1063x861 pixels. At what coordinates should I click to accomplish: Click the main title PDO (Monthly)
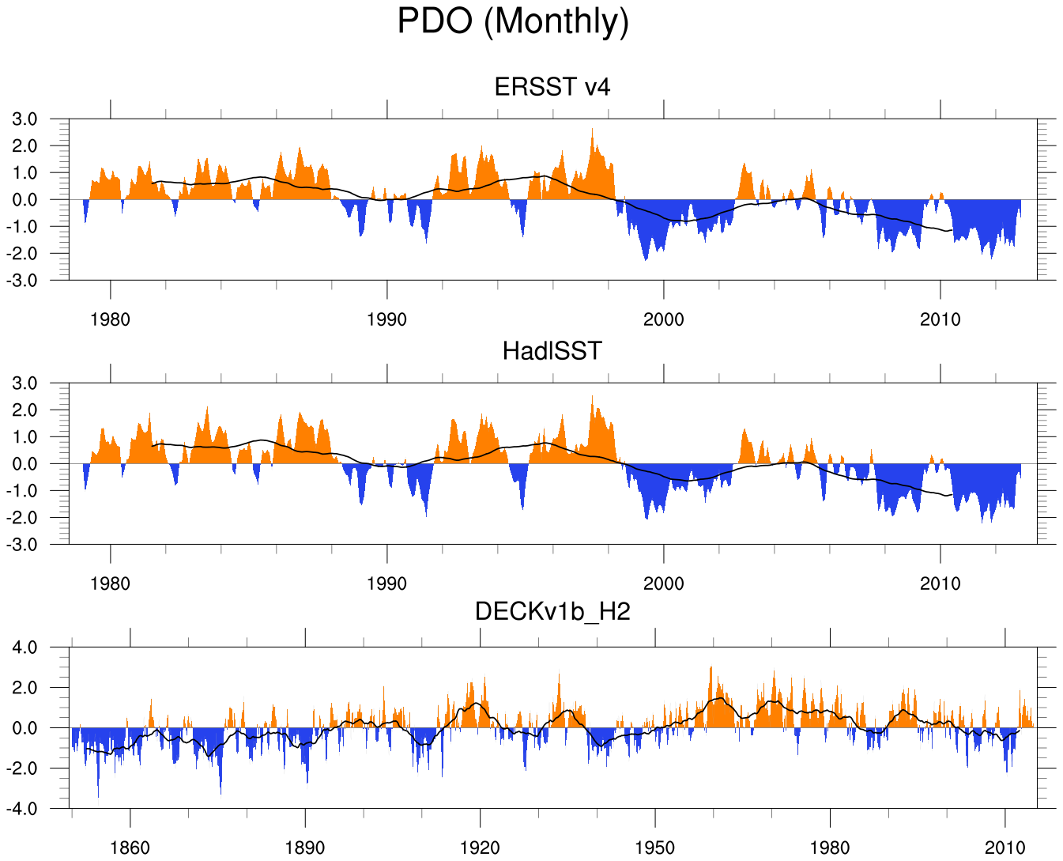513,21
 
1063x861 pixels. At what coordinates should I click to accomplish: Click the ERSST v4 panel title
552,86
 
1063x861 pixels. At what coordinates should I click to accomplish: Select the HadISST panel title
552,350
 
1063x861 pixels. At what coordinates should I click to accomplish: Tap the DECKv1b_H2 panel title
552,611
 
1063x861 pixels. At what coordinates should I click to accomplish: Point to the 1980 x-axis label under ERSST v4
111,319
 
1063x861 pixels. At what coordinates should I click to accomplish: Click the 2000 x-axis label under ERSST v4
664,319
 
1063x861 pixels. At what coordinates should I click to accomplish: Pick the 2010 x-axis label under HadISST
940,583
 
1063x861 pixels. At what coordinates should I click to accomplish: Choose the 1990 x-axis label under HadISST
387,583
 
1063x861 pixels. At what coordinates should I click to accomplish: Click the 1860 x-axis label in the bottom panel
130,848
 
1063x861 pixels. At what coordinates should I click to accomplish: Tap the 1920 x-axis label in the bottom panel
480,848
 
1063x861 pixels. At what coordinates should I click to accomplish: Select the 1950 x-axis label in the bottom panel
655,848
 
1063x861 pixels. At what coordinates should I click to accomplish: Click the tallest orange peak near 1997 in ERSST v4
592,131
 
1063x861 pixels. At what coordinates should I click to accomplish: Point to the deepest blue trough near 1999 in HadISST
646,517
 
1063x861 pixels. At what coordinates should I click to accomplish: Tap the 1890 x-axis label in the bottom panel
305,848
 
